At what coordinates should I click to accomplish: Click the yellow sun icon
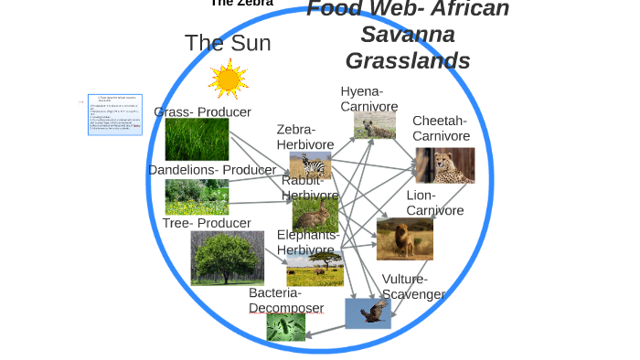(228, 79)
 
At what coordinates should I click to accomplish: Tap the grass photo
(197, 140)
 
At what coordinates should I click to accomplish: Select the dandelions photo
(197, 196)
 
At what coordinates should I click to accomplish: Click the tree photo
(227, 258)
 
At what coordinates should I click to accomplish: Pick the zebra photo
(310, 164)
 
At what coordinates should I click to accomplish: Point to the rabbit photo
(315, 216)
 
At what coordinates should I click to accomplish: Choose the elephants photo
(315, 269)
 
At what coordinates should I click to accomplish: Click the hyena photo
(375, 126)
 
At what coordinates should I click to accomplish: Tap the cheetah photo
(444, 165)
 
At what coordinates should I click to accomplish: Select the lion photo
(404, 238)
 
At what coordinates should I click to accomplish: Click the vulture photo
(368, 313)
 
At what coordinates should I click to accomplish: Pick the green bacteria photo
(285, 327)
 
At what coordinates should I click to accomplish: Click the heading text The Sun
(228, 43)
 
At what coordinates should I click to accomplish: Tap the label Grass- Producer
(202, 112)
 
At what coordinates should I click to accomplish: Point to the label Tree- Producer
(207, 223)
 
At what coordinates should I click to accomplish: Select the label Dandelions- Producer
(211, 170)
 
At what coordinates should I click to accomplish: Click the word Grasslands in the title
(408, 61)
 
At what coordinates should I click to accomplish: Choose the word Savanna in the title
(408, 35)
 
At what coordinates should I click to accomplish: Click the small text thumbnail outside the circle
(115, 114)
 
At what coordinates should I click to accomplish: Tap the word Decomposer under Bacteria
(286, 308)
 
